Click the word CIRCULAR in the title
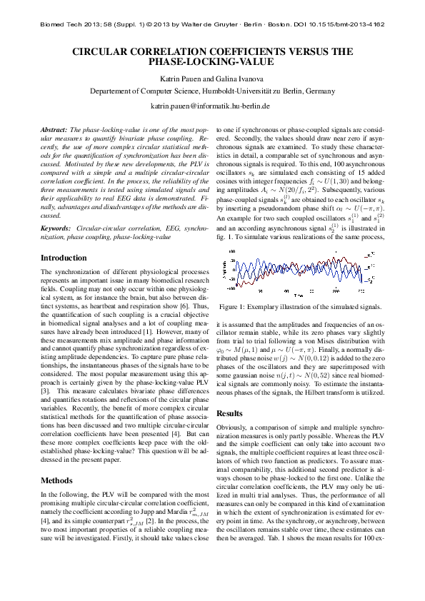click(116, 52)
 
